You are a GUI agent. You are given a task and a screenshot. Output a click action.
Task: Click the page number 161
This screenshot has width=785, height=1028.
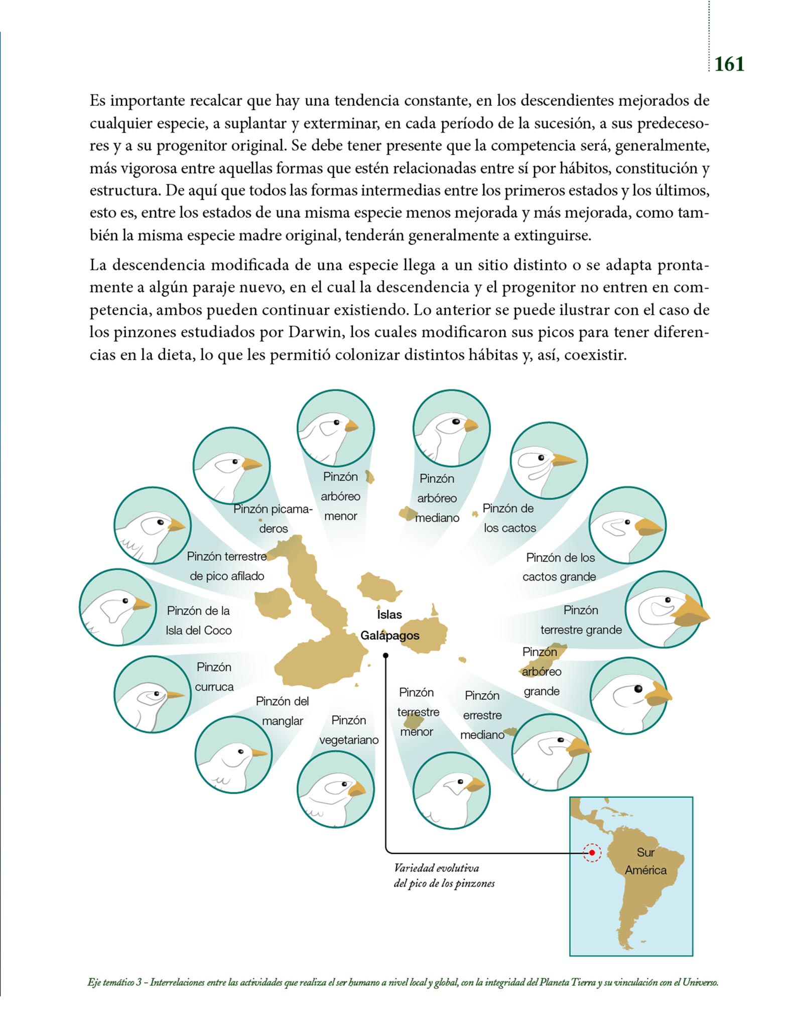coord(729,64)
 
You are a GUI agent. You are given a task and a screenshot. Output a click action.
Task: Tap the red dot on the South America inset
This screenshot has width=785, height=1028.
coord(592,852)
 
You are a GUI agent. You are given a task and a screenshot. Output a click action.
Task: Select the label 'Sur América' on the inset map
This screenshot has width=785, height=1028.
coord(645,861)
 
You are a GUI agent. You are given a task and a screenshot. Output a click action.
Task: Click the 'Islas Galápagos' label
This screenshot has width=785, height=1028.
coord(389,625)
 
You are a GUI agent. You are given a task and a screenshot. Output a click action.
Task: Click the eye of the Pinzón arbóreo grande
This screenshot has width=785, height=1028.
coord(638,689)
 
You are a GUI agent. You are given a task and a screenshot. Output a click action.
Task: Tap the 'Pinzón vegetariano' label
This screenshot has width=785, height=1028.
coord(349,730)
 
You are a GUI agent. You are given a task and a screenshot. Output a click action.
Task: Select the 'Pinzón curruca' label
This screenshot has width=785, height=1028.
coord(214,677)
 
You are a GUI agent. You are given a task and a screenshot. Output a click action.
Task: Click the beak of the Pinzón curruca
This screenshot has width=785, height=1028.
coord(175,695)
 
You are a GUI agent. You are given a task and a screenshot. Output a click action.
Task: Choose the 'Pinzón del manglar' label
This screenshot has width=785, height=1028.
coord(282,711)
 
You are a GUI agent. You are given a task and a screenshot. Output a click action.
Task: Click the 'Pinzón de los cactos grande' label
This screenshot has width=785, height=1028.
coord(560,567)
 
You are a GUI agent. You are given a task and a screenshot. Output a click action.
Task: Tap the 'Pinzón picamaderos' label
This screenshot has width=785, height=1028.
coord(273,519)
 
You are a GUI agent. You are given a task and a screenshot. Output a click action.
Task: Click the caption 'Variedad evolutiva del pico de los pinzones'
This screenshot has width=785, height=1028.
coord(444,876)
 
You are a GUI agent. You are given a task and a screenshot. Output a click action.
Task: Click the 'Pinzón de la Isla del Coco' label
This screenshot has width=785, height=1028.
coord(198,620)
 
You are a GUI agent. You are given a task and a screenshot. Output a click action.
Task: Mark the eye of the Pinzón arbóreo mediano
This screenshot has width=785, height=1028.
coord(456,422)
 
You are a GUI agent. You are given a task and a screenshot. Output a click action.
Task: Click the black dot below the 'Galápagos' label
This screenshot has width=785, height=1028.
coord(385,655)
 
